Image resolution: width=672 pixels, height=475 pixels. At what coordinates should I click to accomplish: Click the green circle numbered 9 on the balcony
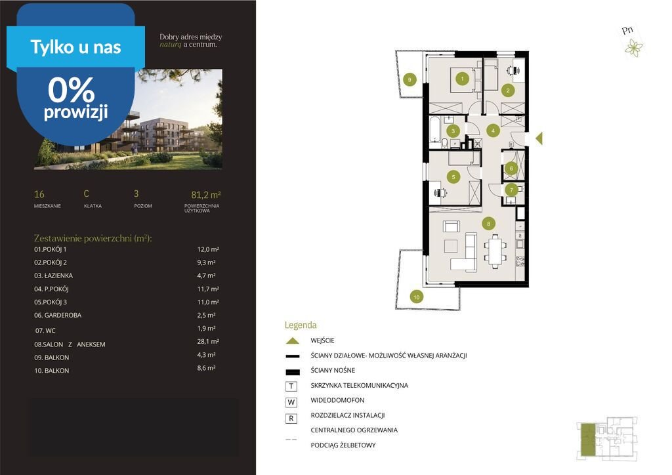coord(409,79)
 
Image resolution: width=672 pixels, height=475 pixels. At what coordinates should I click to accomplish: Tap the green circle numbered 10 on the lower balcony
coord(416,297)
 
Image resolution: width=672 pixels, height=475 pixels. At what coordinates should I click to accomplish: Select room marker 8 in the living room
coord(488,223)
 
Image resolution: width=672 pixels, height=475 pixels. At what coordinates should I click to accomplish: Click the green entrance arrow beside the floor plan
coord(539,138)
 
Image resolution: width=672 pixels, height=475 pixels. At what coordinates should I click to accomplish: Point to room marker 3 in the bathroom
coord(453,131)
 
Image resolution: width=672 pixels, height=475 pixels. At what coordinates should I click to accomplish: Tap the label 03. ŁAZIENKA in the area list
coord(54,276)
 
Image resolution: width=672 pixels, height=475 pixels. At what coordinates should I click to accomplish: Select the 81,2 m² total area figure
coord(205,195)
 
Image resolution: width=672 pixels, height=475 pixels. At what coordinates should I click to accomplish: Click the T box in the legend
coord(291,386)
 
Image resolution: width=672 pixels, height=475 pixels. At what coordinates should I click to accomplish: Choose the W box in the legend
coord(291,402)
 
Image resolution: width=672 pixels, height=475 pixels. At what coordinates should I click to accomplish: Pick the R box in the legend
coord(291,419)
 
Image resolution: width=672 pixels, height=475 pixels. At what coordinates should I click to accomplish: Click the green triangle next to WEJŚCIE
coord(292,341)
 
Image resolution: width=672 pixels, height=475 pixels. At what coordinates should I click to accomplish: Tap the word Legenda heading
coord(301,325)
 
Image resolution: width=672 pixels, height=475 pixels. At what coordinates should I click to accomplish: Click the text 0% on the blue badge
coord(71,90)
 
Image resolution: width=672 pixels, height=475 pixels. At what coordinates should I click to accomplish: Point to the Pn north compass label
coord(627,30)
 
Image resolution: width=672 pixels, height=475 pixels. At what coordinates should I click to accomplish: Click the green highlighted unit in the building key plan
coord(588,439)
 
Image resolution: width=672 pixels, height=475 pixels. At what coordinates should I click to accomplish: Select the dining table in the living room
coord(495,251)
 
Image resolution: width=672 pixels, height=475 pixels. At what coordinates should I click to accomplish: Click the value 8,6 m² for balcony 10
coord(206,368)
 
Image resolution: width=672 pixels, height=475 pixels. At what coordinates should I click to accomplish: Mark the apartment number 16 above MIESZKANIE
coord(39,194)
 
